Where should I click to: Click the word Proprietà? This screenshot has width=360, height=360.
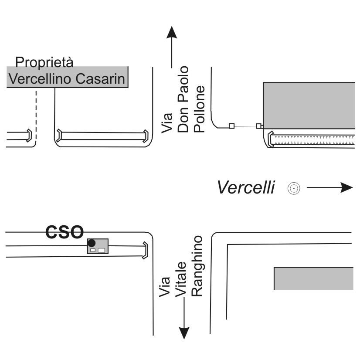pos(44,62)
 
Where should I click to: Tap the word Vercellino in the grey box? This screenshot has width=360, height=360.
pos(40,79)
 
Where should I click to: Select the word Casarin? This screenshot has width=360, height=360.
pos(100,79)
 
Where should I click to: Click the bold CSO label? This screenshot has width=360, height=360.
pos(65,232)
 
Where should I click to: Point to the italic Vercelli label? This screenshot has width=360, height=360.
pos(246,187)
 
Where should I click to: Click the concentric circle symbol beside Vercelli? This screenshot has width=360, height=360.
pos(294,188)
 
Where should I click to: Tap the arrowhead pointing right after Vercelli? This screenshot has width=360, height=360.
pos(346,187)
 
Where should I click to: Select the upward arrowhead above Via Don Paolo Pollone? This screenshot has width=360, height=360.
pos(172,32)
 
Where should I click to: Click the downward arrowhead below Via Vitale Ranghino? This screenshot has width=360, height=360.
pos(184,333)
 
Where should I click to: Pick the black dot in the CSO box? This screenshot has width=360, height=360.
pos(92,243)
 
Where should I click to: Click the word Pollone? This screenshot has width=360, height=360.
pos(199,109)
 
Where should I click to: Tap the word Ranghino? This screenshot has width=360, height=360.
pos(197,266)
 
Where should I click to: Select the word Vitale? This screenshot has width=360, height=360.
pos(181,279)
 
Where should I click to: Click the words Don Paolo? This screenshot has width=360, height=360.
pos(183,99)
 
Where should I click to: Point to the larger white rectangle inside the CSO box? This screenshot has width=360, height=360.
pos(101,250)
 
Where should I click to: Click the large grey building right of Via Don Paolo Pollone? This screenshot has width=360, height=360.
pos(309,105)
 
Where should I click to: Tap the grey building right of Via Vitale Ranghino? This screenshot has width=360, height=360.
pos(314,278)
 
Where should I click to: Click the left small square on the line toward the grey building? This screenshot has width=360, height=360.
pos(232,126)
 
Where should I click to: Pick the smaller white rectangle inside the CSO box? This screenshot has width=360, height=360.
pos(93,250)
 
